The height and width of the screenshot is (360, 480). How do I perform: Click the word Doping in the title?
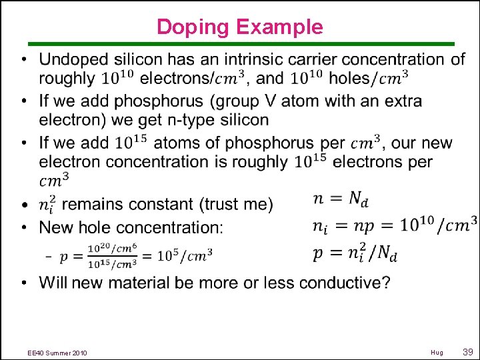click(193, 27)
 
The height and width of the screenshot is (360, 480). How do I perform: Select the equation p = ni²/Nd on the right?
click(356, 253)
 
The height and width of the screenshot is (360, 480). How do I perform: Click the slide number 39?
click(468, 352)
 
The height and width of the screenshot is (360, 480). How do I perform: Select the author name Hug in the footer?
click(437, 353)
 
